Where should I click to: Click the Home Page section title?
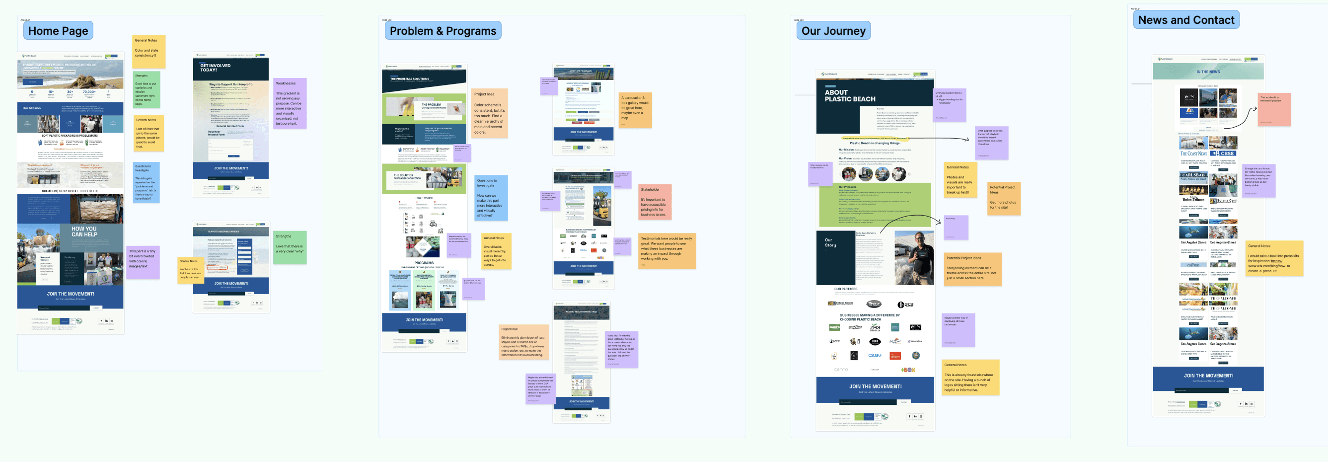(x=58, y=31)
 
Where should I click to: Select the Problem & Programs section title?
(x=443, y=31)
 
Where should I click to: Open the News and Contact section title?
(x=1186, y=20)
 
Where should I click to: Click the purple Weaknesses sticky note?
(x=290, y=103)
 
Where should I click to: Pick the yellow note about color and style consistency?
(x=148, y=51)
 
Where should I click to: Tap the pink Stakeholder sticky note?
(x=654, y=202)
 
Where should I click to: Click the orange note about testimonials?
(x=666, y=250)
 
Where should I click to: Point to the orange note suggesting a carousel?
(x=635, y=110)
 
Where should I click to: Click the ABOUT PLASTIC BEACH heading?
(x=850, y=96)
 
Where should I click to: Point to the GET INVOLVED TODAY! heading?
(x=215, y=68)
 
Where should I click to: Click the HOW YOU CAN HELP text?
(x=84, y=231)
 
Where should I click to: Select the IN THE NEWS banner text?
(x=1208, y=72)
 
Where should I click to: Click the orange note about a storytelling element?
(x=973, y=269)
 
